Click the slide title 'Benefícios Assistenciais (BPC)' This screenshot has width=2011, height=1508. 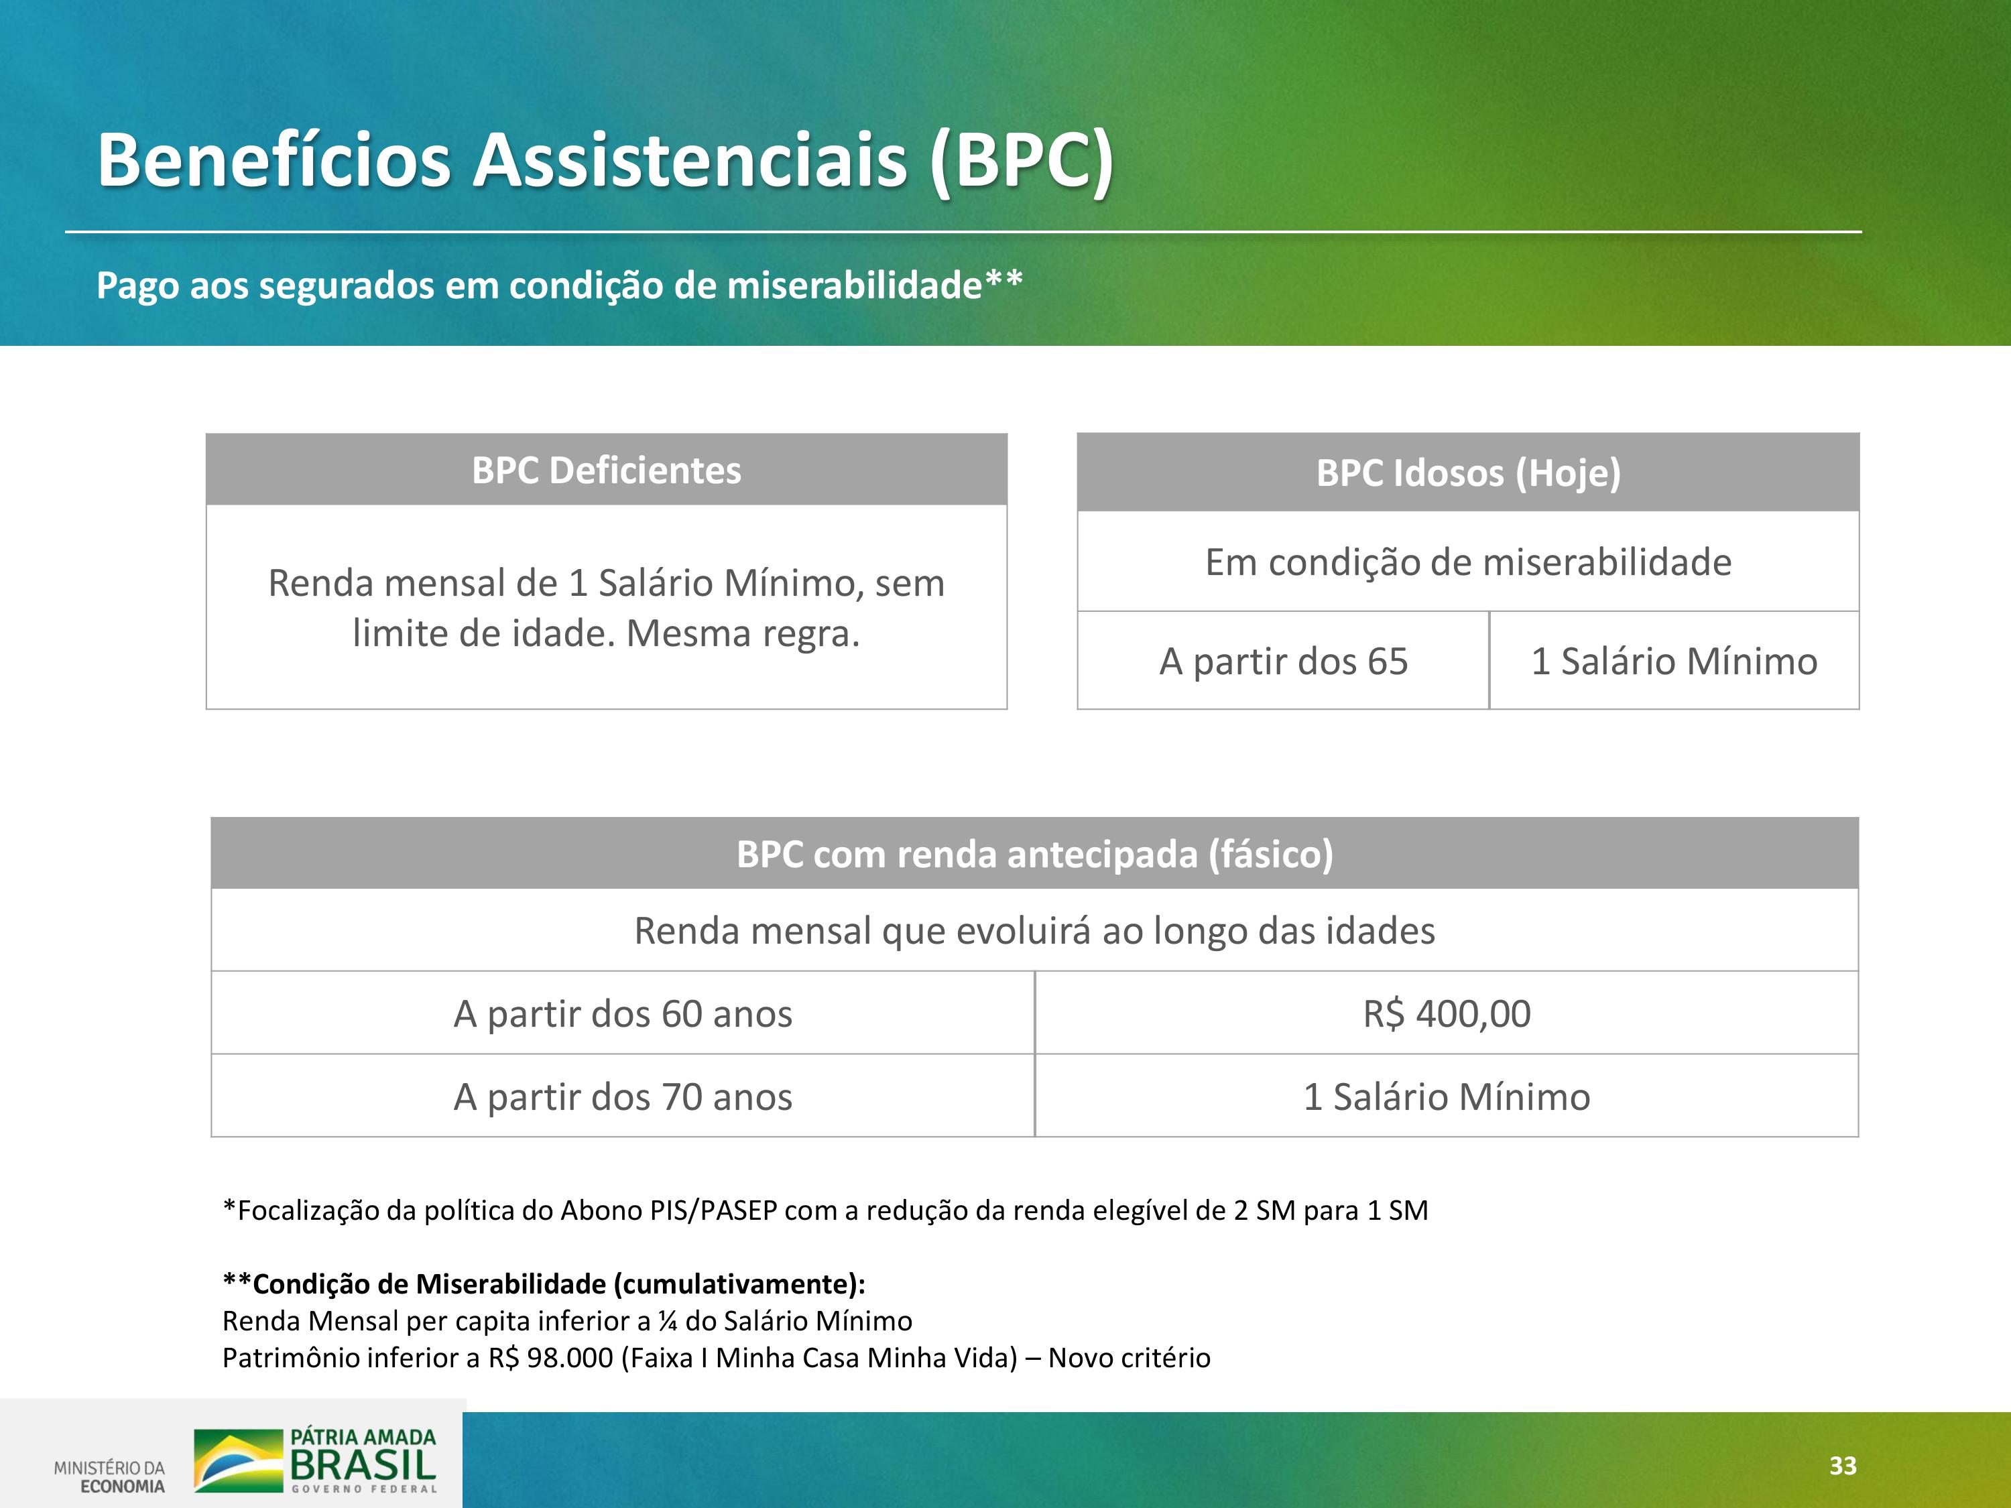pyautogui.click(x=605, y=160)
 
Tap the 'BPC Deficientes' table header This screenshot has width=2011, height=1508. pyautogui.click(x=607, y=470)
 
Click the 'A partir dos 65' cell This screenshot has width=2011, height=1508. pyautogui.click(x=1283, y=661)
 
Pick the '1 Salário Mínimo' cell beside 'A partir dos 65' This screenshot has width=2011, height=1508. pyautogui.click(x=1674, y=661)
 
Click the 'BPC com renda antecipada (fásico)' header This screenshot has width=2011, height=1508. pyautogui.click(x=1034, y=855)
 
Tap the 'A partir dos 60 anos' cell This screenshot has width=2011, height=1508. pyautogui.click(x=623, y=1013)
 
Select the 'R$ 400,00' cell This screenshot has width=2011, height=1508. pyautogui.click(x=1447, y=1013)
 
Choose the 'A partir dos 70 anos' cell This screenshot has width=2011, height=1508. pyautogui.click(x=623, y=1097)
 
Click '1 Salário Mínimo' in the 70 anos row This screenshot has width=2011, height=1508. pyautogui.click(x=1447, y=1097)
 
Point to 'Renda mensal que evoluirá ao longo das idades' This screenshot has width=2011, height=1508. pyautogui.click(x=1034, y=932)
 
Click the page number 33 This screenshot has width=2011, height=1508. pyautogui.click(x=1843, y=1465)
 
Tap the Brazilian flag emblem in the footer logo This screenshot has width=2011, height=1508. pyautogui.click(x=238, y=1460)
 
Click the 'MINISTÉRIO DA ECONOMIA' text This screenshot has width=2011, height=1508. pyautogui.click(x=109, y=1477)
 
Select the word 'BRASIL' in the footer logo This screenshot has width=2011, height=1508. pyautogui.click(x=363, y=1464)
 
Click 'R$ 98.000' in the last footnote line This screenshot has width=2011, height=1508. pyautogui.click(x=551, y=1358)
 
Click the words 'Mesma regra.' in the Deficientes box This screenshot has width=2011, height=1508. pyautogui.click(x=743, y=633)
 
